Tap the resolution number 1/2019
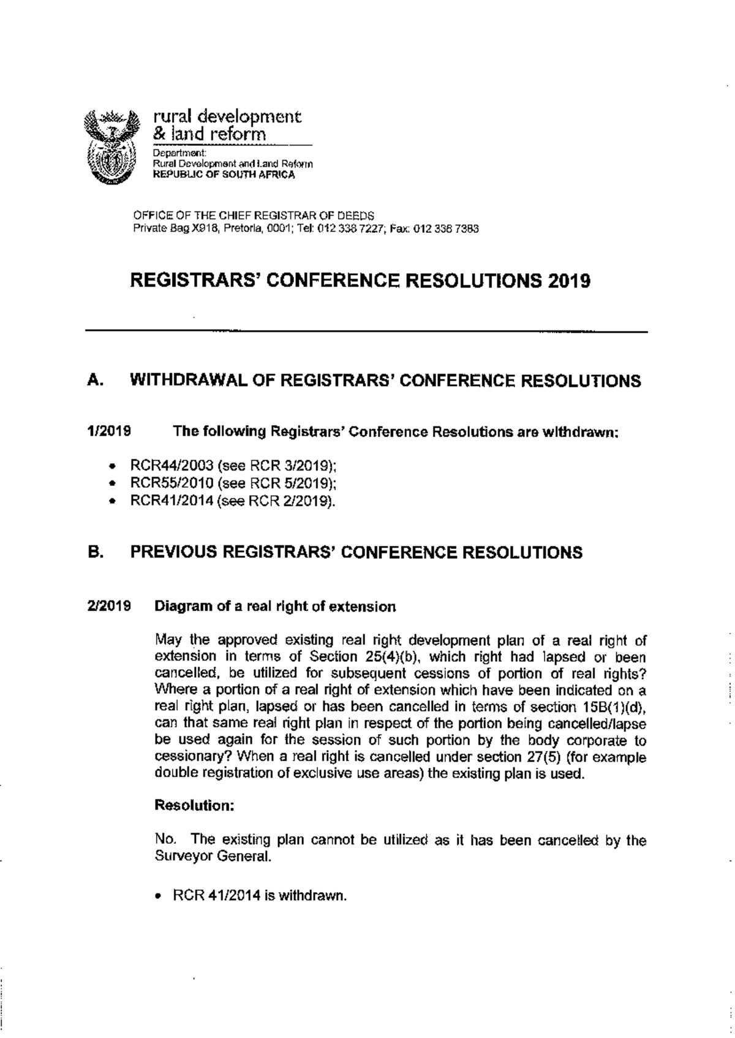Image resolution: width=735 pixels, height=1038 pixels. pyautogui.click(x=110, y=431)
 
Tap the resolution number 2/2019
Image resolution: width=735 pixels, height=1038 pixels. pyautogui.click(x=110, y=607)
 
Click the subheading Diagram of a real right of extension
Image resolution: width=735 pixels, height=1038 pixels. pyautogui.click(x=275, y=607)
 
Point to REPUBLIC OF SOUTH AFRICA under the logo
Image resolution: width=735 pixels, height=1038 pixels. pyautogui.click(x=224, y=175)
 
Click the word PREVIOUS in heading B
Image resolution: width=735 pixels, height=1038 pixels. pyautogui.click(x=174, y=552)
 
